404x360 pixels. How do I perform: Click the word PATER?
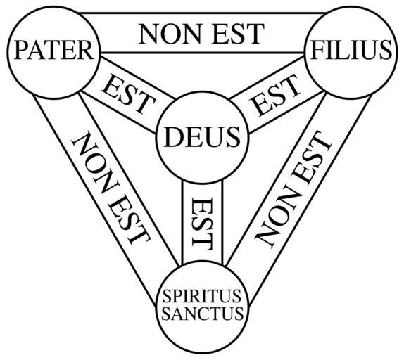(53, 51)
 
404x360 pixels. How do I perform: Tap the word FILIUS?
(351, 50)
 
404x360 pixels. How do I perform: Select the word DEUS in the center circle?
(202, 137)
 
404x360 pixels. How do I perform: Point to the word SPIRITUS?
(202, 296)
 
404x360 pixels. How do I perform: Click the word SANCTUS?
(202, 313)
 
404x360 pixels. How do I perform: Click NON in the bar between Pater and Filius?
(170, 34)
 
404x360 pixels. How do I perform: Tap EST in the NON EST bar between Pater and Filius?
(238, 34)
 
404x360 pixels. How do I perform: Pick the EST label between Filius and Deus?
(275, 95)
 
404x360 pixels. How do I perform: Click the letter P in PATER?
(20, 51)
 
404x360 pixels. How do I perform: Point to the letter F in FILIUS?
(317, 50)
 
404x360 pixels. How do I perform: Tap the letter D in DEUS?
(172, 137)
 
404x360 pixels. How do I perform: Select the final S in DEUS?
(234, 137)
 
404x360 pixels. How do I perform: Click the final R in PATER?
(86, 51)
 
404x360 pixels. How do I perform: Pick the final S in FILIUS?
(386, 50)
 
